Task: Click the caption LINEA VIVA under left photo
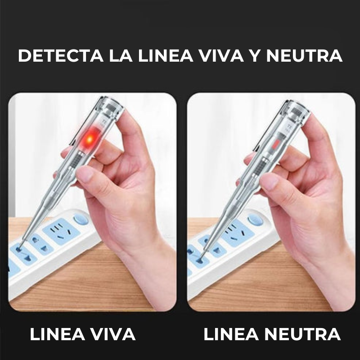(82, 334)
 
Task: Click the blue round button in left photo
(81, 220)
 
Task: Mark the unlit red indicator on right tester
(275, 145)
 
